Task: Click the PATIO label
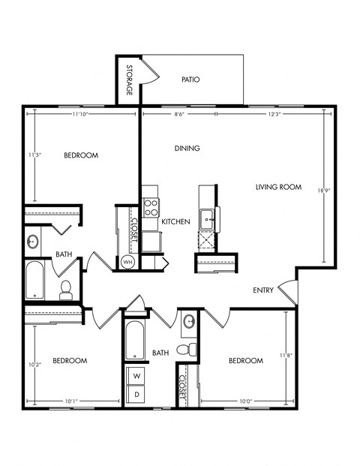pos(190,79)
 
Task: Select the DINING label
pos(187,148)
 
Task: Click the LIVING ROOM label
pos(278,187)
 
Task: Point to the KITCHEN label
pos(175,221)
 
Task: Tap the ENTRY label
pos(262,290)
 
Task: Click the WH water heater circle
pos(127,262)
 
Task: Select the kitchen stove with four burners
pos(151,207)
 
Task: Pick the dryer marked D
pos(137,392)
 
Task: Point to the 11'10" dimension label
pos(82,114)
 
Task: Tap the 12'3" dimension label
pos(268,114)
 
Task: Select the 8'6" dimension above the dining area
pos(181,114)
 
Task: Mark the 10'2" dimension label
pos(31,365)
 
